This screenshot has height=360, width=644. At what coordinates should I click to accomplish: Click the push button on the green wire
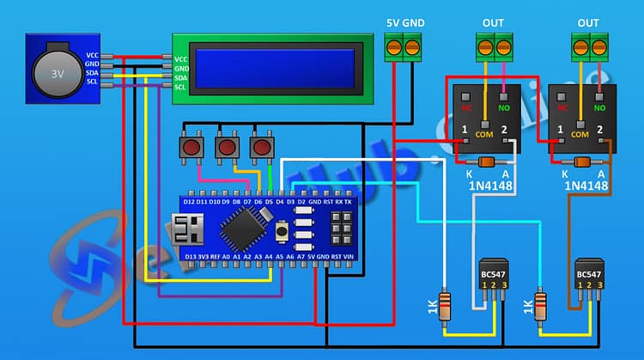(x=260, y=147)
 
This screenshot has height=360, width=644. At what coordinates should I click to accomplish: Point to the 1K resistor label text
(x=431, y=307)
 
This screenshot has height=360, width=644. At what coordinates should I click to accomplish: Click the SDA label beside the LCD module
(x=180, y=77)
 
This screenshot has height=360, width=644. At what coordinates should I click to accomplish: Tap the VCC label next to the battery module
(x=93, y=55)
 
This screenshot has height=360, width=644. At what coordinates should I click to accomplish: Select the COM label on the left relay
(x=484, y=135)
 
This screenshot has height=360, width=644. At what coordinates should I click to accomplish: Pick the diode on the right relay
(x=581, y=162)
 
